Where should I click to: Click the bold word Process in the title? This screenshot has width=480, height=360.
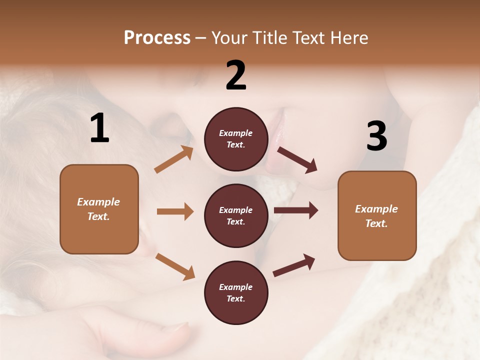(157, 38)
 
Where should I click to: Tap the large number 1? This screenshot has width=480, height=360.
(99, 128)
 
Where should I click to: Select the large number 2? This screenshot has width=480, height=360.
(236, 76)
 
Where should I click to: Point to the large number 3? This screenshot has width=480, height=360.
(377, 136)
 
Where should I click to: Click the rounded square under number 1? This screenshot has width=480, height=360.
(99, 209)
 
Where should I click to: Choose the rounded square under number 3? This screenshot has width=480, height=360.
(377, 215)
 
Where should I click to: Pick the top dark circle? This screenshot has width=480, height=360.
(236, 138)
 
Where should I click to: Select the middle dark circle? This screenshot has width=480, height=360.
(236, 215)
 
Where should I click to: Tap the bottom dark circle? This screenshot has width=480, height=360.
(236, 292)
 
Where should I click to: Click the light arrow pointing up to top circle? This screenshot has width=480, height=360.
(173, 160)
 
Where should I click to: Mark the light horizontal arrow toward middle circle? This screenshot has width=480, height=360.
(175, 211)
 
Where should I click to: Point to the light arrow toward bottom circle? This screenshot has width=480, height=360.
(175, 266)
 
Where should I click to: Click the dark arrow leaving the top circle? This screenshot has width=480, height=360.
(297, 160)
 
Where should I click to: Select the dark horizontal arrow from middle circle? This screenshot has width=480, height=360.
(296, 210)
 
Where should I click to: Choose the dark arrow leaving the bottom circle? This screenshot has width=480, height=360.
(294, 265)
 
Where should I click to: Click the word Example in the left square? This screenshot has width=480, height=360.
(98, 202)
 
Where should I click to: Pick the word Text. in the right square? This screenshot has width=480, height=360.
(376, 223)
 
